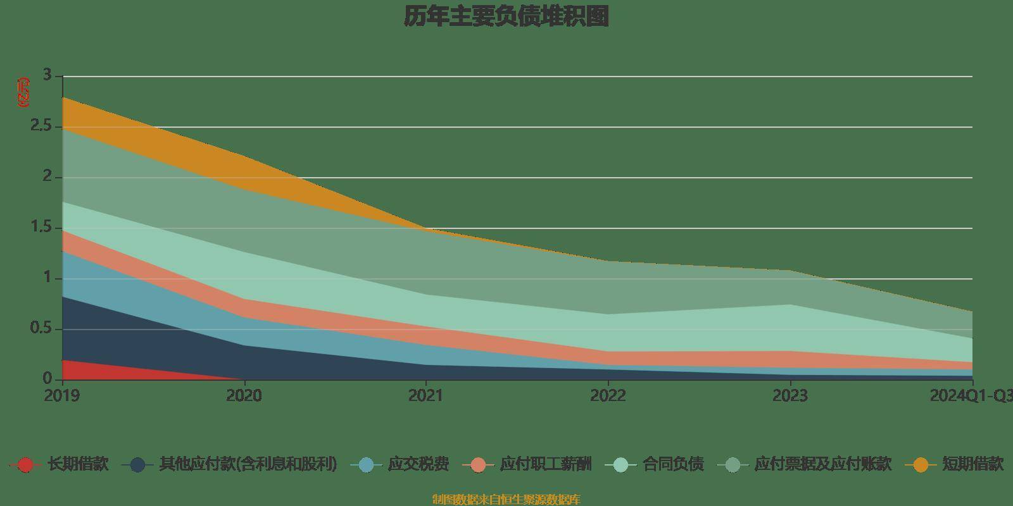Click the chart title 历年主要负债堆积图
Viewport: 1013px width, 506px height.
point(507,17)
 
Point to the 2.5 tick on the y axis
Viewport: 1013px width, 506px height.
point(42,126)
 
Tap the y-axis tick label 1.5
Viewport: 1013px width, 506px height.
point(42,227)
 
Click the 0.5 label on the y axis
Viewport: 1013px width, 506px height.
point(42,328)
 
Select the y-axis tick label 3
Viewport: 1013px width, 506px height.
point(46,75)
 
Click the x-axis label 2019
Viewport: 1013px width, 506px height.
point(62,396)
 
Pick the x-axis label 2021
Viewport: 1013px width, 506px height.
point(426,396)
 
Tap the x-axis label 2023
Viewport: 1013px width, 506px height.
point(790,396)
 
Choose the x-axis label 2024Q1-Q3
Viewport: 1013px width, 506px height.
point(971,396)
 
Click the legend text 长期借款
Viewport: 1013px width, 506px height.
point(78,464)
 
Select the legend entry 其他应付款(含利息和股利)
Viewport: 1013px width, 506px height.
point(248,464)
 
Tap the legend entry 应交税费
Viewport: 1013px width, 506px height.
point(418,464)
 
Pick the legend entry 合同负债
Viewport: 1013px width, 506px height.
point(673,464)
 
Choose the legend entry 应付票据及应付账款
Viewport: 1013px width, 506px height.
point(822,464)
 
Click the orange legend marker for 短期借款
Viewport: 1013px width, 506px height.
point(921,465)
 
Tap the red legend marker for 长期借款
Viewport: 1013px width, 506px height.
point(25,465)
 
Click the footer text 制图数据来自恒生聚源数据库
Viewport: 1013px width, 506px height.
point(507,500)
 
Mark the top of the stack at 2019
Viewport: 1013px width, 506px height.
point(63,97)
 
